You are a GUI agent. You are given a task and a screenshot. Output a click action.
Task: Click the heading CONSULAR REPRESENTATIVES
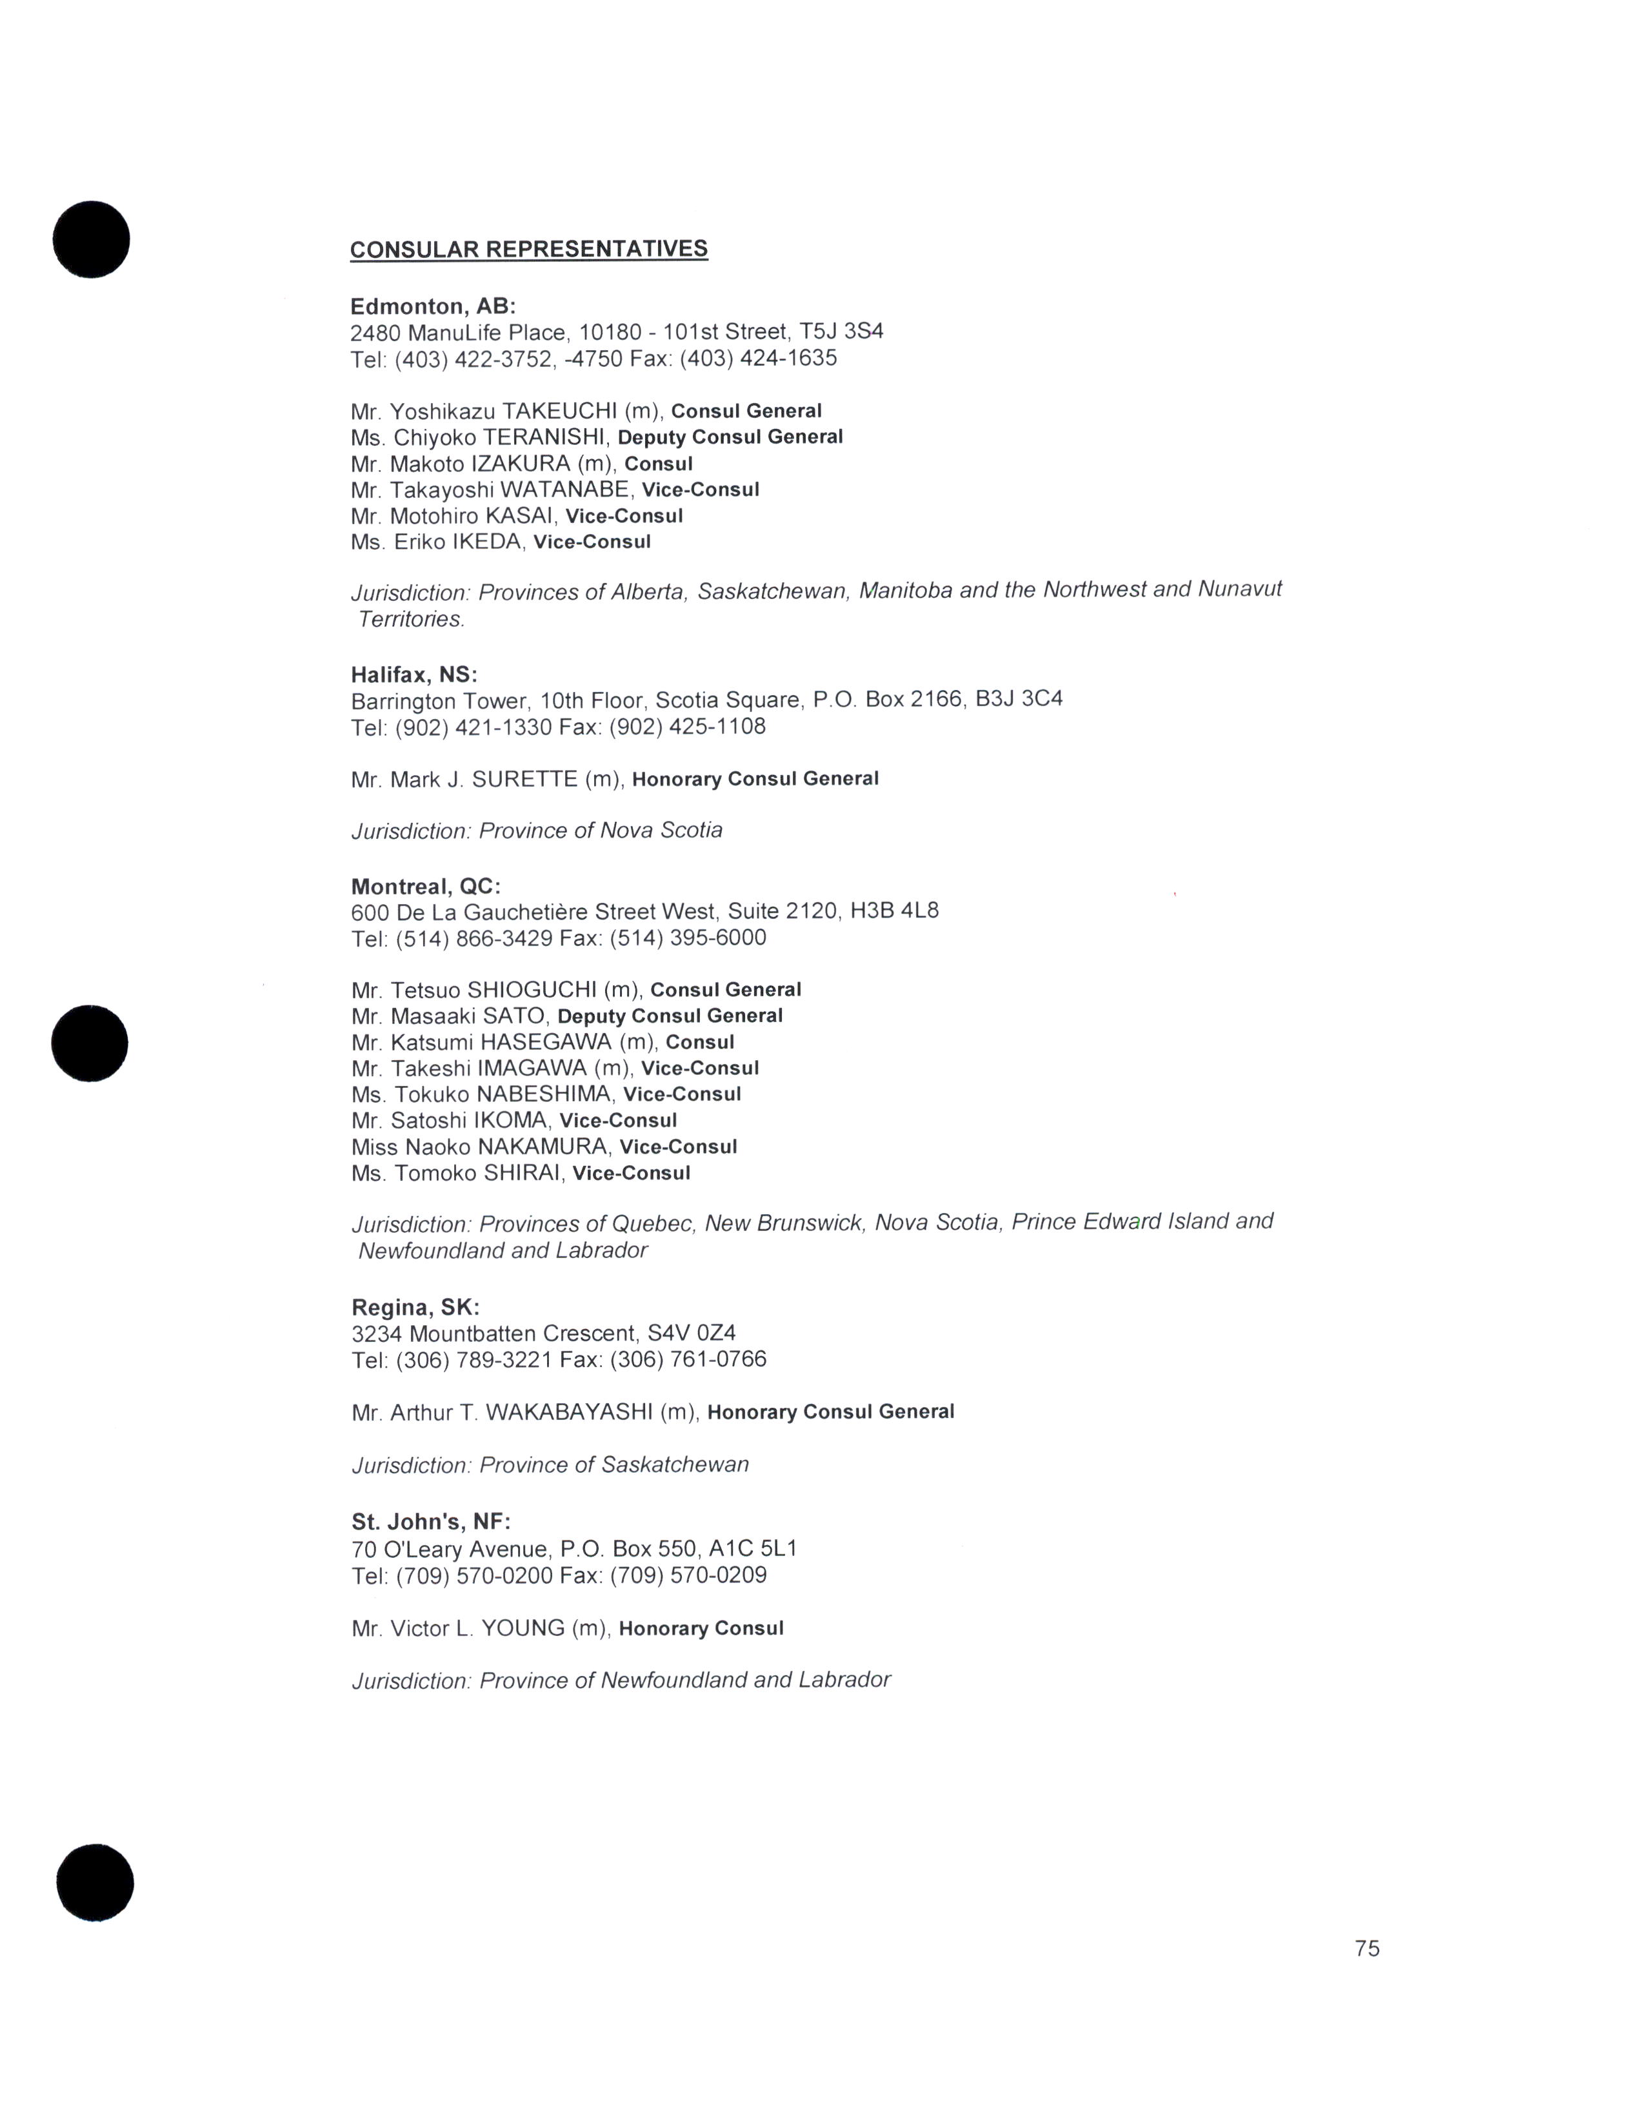(528, 250)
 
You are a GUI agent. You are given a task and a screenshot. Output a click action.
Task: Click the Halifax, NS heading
(414, 675)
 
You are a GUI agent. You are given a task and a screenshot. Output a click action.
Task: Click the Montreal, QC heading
(426, 887)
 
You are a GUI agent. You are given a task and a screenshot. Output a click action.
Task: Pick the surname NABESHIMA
(546, 1094)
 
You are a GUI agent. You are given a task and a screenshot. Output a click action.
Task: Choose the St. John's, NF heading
(431, 1521)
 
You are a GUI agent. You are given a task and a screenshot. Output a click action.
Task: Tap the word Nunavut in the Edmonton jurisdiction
(1240, 589)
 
